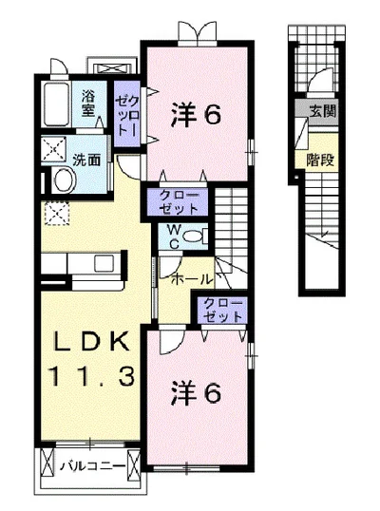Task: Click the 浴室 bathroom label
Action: (88, 104)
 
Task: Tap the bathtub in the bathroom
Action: (56, 104)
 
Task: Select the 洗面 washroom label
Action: (86, 160)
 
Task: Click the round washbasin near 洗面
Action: (66, 180)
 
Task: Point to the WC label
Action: (174, 237)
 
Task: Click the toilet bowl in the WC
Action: (192, 237)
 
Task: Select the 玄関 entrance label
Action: (322, 112)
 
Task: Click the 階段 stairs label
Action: (320, 160)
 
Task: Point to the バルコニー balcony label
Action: (93, 466)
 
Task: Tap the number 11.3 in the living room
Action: (91, 376)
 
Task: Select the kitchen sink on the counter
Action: (104, 263)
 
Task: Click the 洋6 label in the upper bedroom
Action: (197, 114)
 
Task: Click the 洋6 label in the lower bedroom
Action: (197, 392)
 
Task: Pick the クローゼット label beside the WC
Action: (179, 202)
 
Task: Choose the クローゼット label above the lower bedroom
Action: (222, 311)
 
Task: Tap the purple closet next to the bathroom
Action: (126, 113)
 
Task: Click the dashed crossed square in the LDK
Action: (57, 214)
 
